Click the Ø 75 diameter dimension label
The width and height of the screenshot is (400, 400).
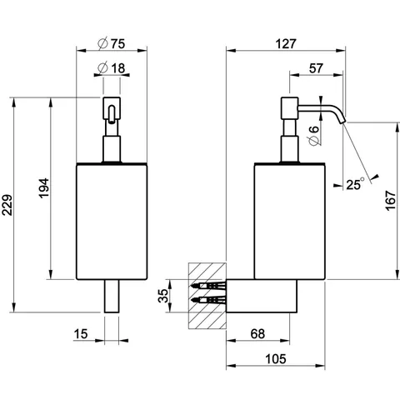[x=112, y=44]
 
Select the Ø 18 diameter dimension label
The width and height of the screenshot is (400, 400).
[x=112, y=68]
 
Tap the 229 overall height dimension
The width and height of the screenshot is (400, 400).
[x=7, y=205]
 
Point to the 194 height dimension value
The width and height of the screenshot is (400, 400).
[x=44, y=188]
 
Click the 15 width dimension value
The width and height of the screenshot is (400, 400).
[x=81, y=334]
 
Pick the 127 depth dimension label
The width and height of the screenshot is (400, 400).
[x=286, y=44]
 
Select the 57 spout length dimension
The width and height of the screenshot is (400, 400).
[x=316, y=68]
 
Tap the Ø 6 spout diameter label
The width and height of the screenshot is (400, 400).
[x=314, y=136]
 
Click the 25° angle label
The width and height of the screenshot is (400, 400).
[x=355, y=184]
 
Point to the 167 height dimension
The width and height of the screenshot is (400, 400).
[x=390, y=201]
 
